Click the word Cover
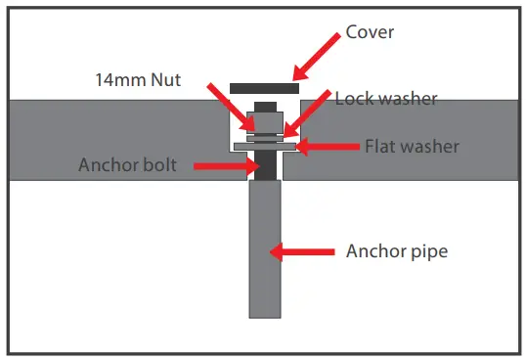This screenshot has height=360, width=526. click(369, 31)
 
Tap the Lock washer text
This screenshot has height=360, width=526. click(386, 99)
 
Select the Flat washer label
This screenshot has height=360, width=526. click(412, 148)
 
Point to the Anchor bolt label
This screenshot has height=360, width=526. click(127, 165)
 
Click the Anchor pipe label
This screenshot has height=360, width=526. click(397, 251)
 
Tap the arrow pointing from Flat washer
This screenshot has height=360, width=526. click(328, 148)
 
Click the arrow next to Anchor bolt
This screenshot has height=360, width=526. click(222, 166)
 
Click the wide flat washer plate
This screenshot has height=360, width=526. click(264, 148)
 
